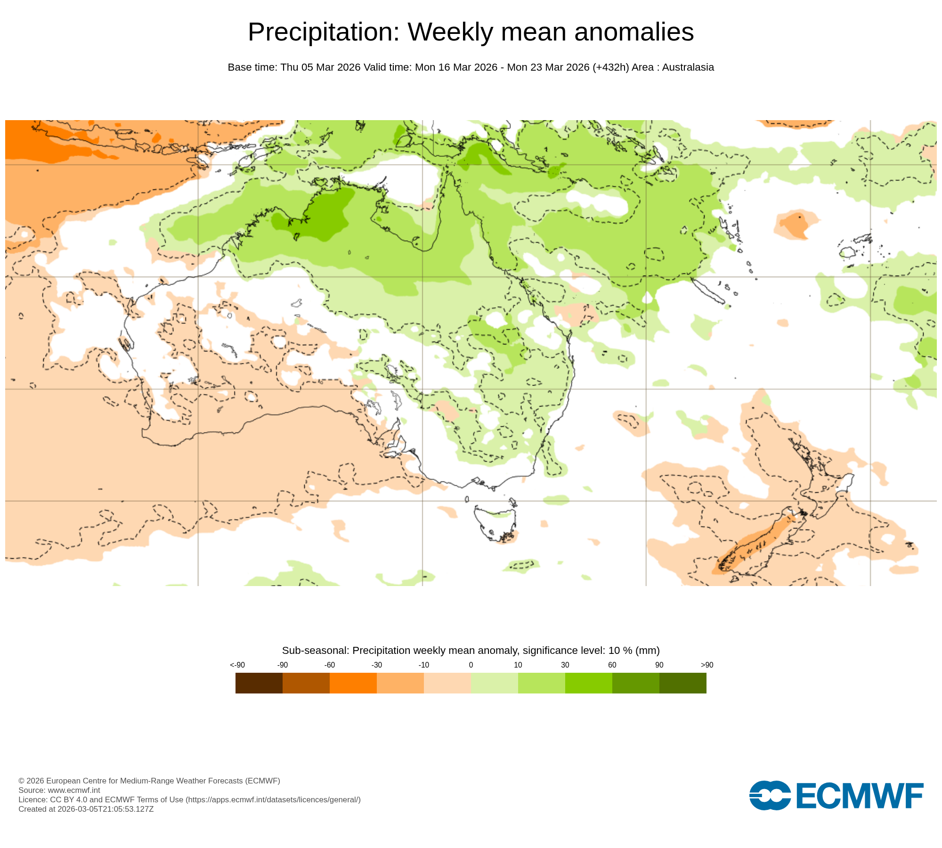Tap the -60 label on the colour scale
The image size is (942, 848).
tap(329, 665)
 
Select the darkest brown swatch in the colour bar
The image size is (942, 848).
tap(259, 683)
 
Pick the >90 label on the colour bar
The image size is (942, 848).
tap(706, 665)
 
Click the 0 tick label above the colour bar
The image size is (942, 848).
tap(471, 665)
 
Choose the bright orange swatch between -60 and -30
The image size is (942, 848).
tap(353, 683)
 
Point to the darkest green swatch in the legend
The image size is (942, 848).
tap(682, 683)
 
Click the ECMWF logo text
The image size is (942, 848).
tap(859, 796)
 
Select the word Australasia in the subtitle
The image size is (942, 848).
tap(688, 67)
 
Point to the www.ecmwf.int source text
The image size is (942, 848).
tap(74, 790)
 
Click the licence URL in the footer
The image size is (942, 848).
tap(273, 799)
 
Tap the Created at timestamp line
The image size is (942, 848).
tap(86, 809)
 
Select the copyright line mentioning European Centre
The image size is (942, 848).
tap(149, 781)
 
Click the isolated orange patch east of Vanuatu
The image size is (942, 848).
tap(796, 224)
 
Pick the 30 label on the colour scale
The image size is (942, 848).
tap(565, 665)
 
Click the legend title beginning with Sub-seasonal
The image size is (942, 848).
tap(471, 650)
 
